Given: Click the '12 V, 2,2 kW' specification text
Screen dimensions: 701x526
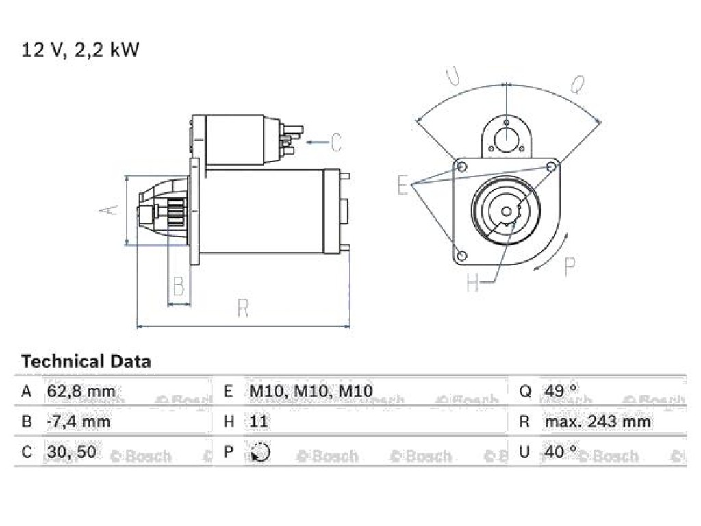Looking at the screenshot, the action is (x=81, y=49).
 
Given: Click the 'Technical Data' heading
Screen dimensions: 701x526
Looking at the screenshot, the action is (x=86, y=361).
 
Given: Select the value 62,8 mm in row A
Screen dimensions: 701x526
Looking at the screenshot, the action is (x=81, y=391).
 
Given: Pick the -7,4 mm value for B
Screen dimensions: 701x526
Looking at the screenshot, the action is (x=78, y=421).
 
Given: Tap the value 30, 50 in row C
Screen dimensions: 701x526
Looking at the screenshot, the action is (x=71, y=452).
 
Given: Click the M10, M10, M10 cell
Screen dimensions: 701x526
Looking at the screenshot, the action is (x=311, y=391).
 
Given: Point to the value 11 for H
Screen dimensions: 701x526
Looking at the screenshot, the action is (x=258, y=421).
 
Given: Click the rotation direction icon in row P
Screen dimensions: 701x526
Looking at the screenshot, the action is (x=260, y=452).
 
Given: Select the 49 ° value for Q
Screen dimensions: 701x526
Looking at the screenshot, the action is (x=561, y=390).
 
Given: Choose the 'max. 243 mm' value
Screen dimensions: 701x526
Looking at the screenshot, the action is (x=597, y=421).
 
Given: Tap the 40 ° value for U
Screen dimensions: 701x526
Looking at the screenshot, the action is (x=561, y=451).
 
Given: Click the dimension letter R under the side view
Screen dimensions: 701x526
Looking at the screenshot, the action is (x=243, y=308).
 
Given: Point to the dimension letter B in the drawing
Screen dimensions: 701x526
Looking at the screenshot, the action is (x=179, y=286).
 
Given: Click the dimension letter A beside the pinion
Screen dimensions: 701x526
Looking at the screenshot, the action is (x=110, y=210).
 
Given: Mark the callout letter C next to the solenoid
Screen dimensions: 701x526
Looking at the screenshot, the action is (x=336, y=142).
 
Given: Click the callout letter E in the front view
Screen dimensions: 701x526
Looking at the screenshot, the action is (x=403, y=185).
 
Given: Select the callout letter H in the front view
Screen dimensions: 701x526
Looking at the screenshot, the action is (x=472, y=282).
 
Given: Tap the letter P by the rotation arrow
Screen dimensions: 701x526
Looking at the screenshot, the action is (x=570, y=266).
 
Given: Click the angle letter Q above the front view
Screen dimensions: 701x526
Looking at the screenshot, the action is (x=578, y=84).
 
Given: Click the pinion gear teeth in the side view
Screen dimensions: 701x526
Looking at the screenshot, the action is (x=177, y=212).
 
